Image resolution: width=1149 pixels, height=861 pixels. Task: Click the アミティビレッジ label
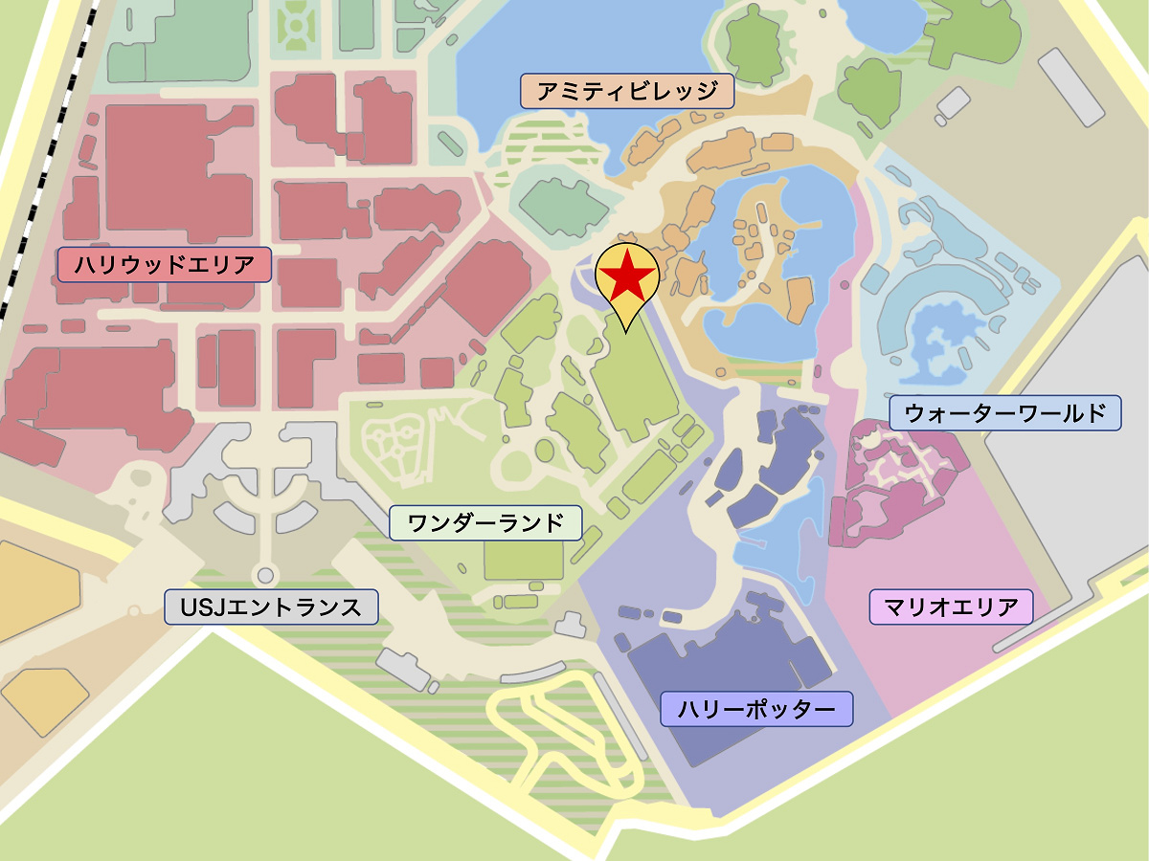click(x=627, y=92)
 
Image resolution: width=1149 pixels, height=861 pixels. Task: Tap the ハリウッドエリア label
click(x=165, y=265)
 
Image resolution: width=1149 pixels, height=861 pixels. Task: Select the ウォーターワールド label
click(x=1004, y=413)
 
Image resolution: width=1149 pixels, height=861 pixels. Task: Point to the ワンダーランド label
click(x=485, y=523)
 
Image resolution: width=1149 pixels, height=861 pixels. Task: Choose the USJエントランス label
click(x=272, y=607)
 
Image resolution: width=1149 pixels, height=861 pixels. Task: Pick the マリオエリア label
click(x=951, y=607)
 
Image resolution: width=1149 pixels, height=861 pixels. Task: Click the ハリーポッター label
click(x=756, y=709)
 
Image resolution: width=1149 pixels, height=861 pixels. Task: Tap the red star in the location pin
click(x=627, y=275)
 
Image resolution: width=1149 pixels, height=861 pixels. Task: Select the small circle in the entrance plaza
click(x=266, y=576)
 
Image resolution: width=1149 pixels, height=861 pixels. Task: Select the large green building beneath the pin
click(x=632, y=383)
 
